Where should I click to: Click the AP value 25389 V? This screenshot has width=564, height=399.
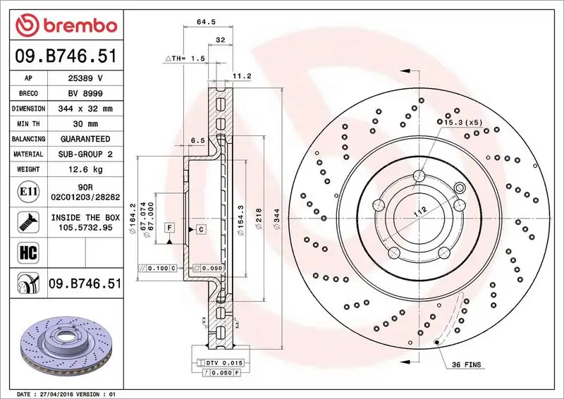click(x=84, y=78)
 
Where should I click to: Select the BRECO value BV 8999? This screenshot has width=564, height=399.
click(x=84, y=94)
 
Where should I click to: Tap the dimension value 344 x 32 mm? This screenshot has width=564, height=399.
click(x=84, y=109)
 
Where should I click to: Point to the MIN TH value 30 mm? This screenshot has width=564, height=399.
click(x=84, y=124)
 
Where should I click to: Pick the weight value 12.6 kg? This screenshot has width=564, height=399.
click(x=84, y=170)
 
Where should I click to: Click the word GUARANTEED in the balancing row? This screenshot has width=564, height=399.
click(x=84, y=139)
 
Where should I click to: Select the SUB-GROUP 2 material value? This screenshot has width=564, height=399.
click(x=84, y=154)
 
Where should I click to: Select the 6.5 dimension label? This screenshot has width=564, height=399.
click(x=198, y=140)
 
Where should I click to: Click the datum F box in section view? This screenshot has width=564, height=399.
click(x=170, y=227)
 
